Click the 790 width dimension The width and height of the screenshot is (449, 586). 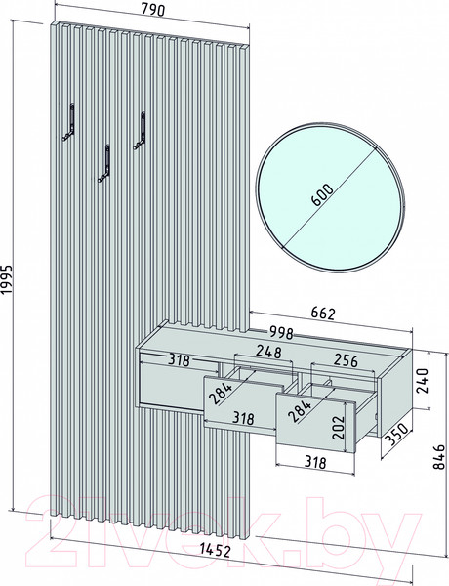point(153,10)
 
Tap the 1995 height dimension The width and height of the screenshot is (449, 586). point(7,280)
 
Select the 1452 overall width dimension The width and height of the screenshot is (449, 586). point(215,550)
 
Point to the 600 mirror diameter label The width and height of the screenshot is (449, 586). point(323,194)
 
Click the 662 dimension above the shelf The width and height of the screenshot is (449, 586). point(323,314)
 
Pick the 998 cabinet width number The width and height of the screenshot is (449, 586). point(281,333)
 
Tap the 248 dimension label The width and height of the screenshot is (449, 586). point(268,352)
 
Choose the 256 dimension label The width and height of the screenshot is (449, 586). point(346,360)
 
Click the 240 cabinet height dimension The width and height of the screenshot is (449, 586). point(422,381)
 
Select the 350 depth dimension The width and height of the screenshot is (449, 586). point(397,436)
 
